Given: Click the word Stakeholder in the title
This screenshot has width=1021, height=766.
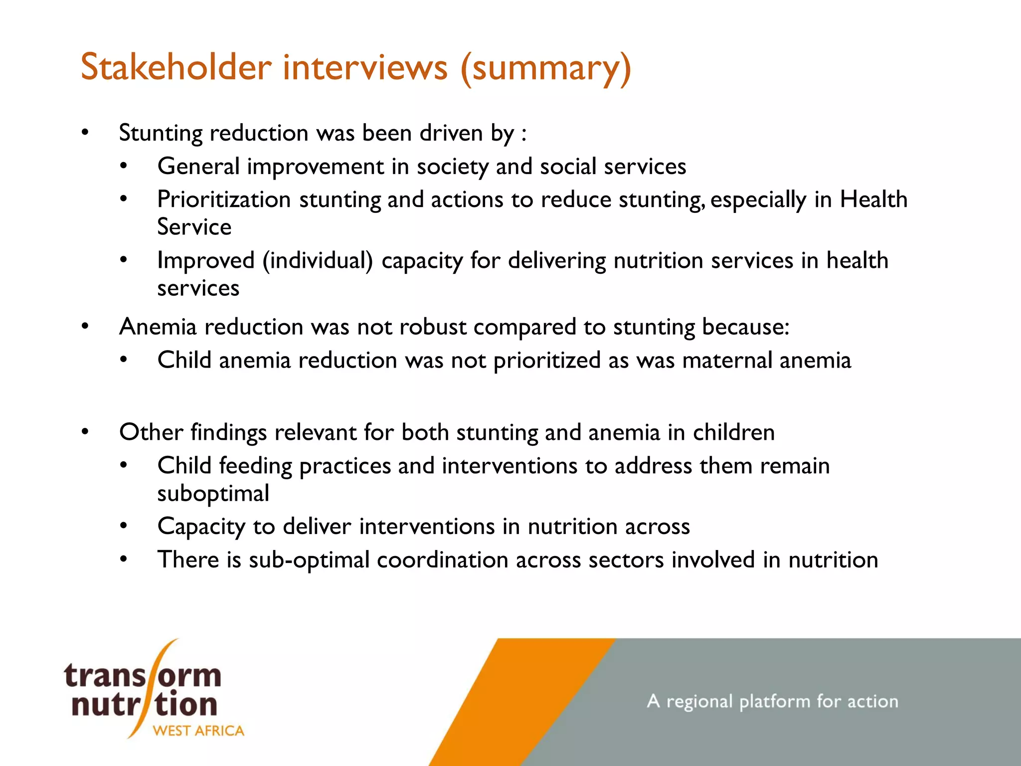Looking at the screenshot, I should [176, 67].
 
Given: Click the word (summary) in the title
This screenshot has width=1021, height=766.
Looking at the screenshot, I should [545, 68].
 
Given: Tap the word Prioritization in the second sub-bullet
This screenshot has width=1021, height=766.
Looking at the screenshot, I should [224, 199].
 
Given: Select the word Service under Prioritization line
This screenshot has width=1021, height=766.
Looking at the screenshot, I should [194, 227].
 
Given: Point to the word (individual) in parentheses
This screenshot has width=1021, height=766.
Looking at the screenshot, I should [318, 261].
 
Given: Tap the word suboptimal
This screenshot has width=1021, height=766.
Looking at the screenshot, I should [213, 494].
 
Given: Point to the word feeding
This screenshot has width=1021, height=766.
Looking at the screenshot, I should [255, 466].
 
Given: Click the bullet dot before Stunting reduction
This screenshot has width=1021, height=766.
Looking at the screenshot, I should [85, 133].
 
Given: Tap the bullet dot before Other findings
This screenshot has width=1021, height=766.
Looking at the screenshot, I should [85, 432].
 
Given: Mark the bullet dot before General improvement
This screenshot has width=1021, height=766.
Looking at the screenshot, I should [124, 166].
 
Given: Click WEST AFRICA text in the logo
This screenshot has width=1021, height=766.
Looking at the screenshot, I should [198, 731].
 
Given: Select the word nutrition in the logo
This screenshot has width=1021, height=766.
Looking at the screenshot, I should [145, 704].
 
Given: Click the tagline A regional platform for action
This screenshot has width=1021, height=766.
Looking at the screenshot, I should [772, 701].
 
